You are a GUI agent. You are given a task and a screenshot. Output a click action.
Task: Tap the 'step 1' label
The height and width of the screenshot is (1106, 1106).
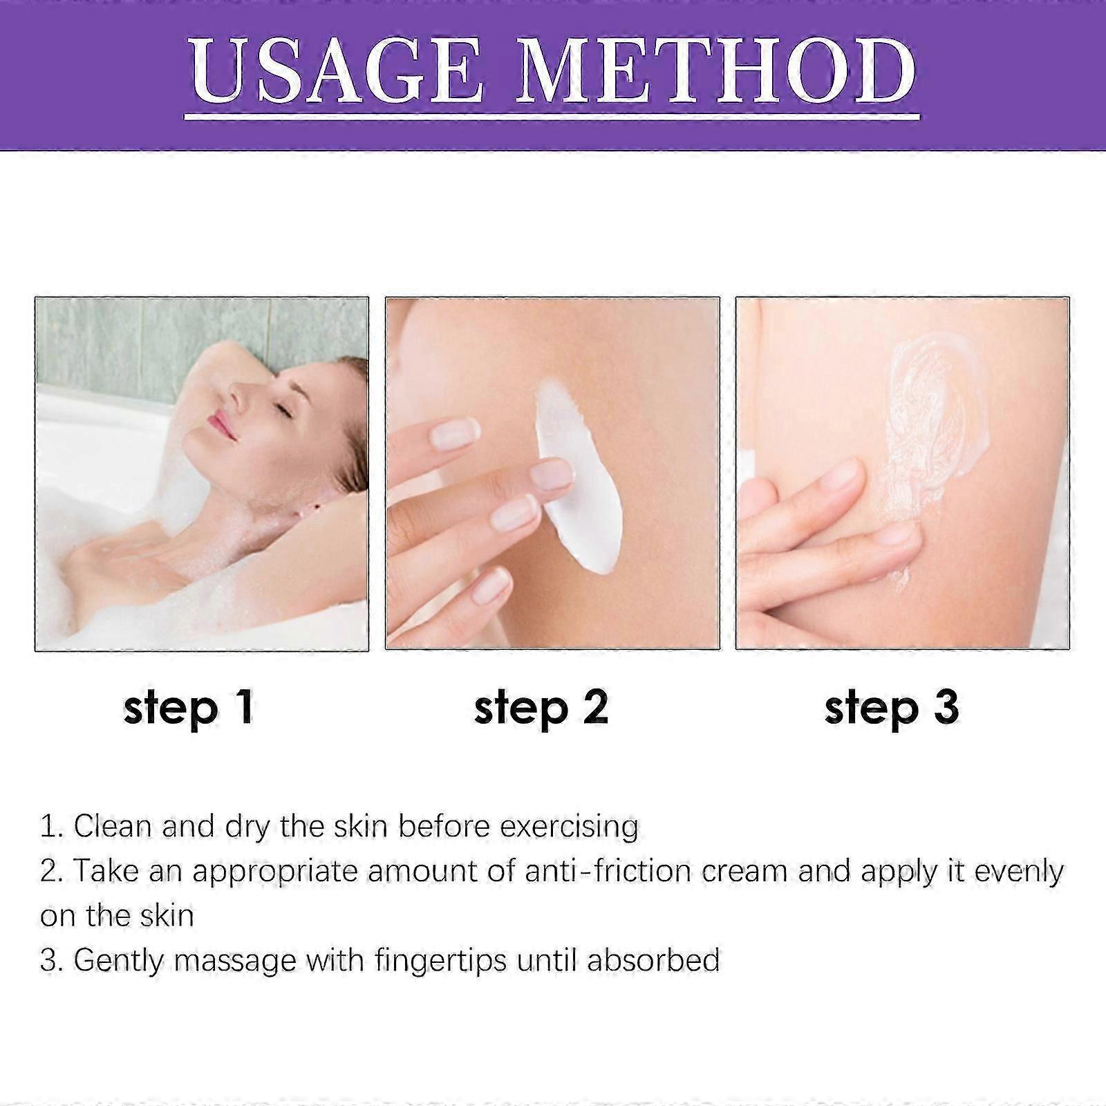pos(189,709)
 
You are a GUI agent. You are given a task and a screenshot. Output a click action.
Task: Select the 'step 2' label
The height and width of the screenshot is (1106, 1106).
pos(541,709)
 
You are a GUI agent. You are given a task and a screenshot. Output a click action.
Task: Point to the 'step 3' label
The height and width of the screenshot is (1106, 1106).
pos(892,709)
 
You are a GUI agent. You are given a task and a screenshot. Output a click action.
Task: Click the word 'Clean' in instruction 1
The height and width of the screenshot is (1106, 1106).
pos(113,827)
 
